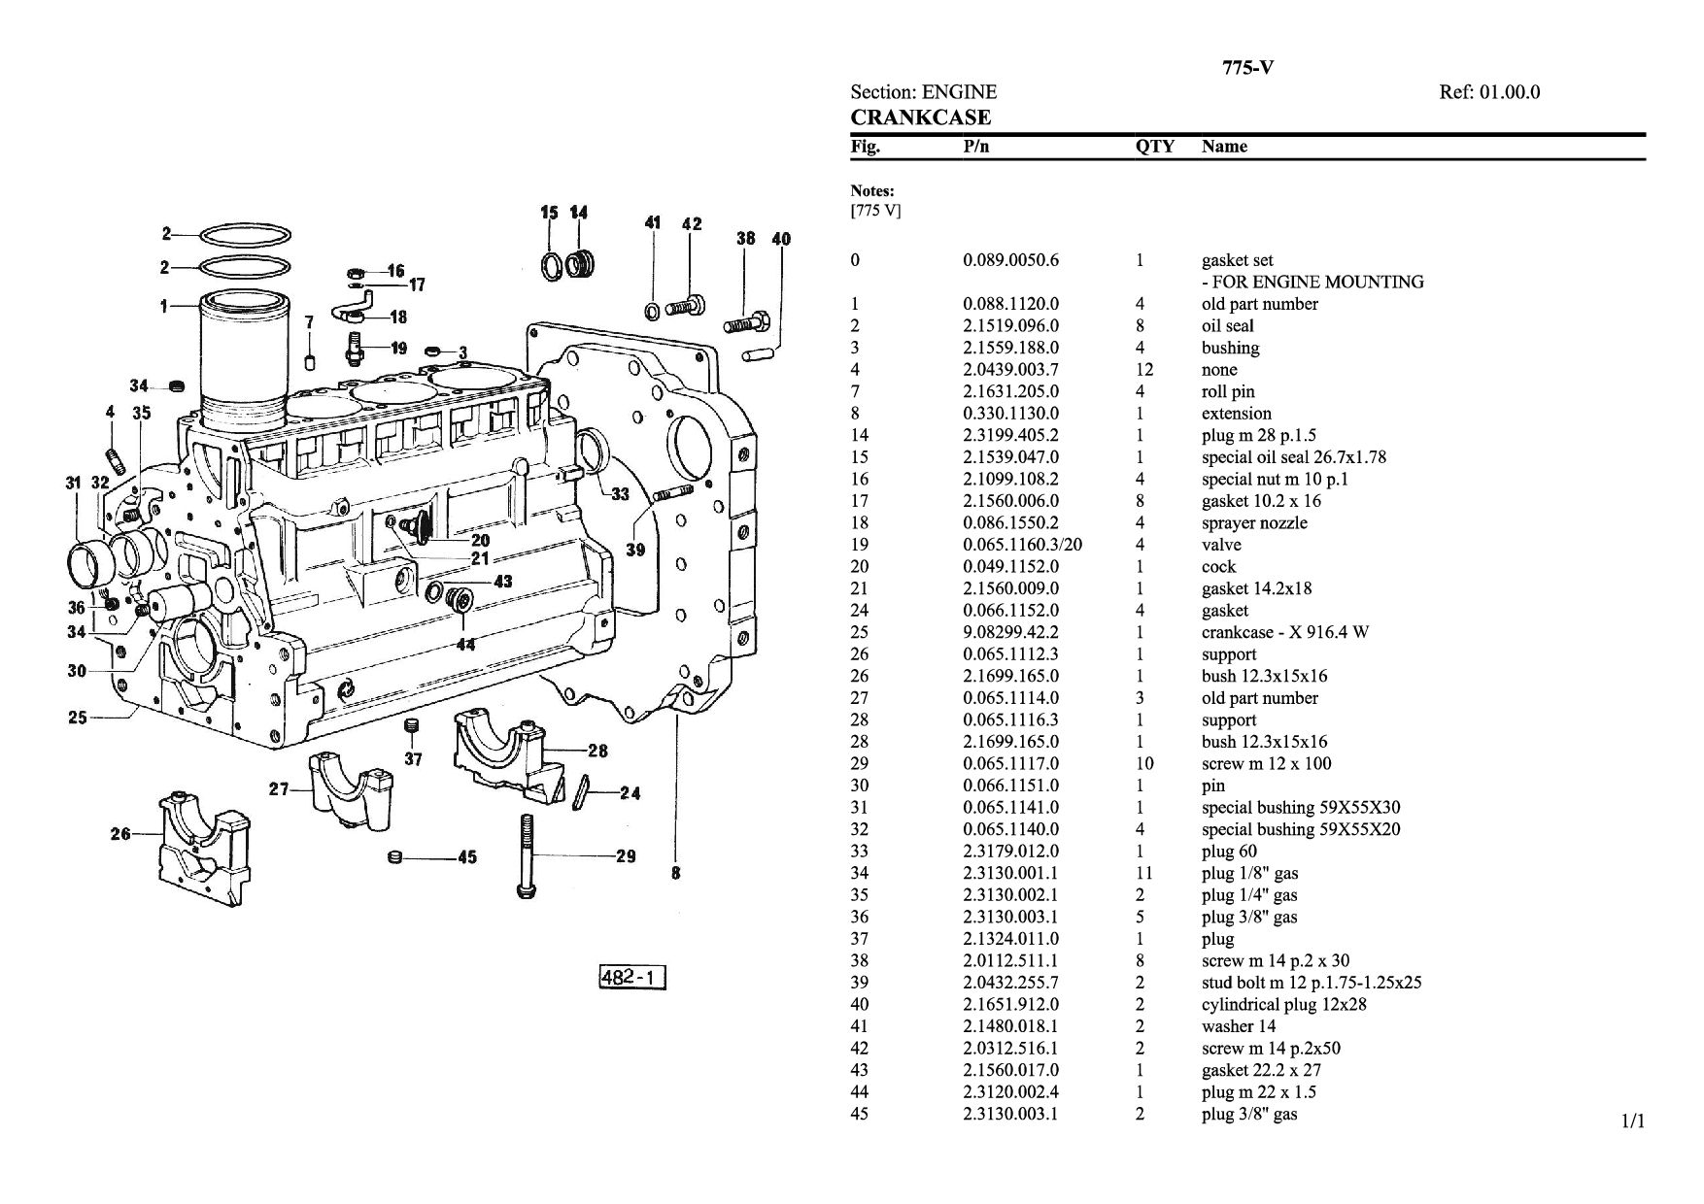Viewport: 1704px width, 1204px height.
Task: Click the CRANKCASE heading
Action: click(920, 117)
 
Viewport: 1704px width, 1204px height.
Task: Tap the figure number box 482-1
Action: click(632, 976)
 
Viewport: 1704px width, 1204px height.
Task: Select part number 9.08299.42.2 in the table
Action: click(1010, 632)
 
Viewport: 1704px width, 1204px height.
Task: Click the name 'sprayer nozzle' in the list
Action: click(1254, 522)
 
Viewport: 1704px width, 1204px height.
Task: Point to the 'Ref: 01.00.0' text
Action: click(1488, 92)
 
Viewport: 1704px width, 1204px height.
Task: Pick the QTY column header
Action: click(1154, 147)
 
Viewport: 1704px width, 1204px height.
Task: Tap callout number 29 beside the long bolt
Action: click(626, 855)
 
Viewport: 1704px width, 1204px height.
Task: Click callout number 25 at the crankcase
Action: click(78, 718)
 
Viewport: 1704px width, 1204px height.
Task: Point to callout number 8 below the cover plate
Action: click(676, 873)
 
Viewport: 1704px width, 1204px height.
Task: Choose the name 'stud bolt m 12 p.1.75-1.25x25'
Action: click(1311, 982)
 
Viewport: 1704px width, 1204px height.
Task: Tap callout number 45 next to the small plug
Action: click(466, 857)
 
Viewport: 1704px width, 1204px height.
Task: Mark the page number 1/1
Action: click(1633, 1122)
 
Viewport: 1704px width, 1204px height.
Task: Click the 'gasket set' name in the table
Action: click(1237, 260)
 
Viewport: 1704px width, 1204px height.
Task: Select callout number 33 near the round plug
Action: click(620, 494)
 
